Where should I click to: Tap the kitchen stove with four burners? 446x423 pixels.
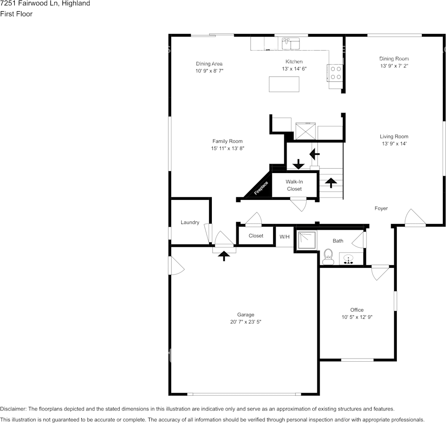[x=336, y=73]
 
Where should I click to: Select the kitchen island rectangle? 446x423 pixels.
[x=284, y=84]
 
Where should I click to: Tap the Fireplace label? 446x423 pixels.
[x=261, y=188]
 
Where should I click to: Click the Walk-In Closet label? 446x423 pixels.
[x=294, y=186]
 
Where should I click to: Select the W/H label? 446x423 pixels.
[x=285, y=237]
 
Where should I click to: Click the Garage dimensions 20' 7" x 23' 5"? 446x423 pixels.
[x=246, y=322]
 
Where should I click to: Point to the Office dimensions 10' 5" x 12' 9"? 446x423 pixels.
[x=357, y=317]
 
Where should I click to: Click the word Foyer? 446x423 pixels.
[x=381, y=208]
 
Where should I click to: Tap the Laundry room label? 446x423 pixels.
[x=190, y=222]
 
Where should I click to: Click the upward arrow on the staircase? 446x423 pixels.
[x=331, y=182]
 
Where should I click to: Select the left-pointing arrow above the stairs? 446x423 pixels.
[x=315, y=154]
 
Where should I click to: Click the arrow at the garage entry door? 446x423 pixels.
[x=223, y=255]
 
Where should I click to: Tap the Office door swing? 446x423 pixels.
[x=380, y=272]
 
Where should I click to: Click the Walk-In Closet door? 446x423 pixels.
[x=299, y=204]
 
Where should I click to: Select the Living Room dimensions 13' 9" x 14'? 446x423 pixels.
[x=394, y=144]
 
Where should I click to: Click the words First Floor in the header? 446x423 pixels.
[x=16, y=14]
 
